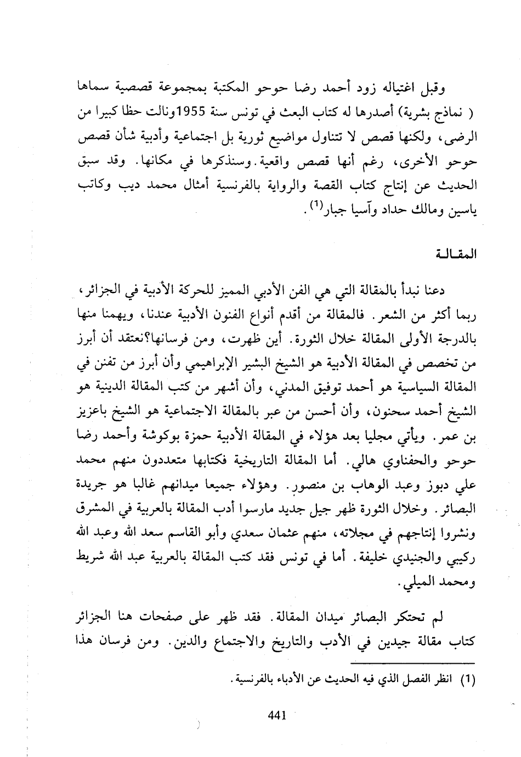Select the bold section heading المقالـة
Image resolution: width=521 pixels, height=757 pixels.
(x=461, y=253)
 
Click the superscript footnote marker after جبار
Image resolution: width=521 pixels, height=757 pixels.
(x=315, y=206)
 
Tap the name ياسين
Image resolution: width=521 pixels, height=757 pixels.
(x=464, y=211)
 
